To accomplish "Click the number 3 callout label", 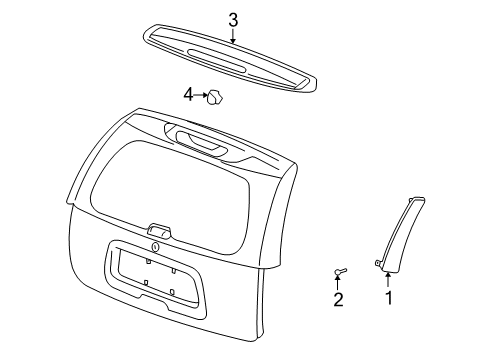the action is click(x=233, y=19).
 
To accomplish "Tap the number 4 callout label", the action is click(x=187, y=95).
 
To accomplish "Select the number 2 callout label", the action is click(x=338, y=299).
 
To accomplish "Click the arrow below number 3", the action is click(x=233, y=36).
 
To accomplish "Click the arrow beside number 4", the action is click(x=199, y=96).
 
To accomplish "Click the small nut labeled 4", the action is click(x=213, y=97).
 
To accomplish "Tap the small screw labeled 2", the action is click(x=340, y=270).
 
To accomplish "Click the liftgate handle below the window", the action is click(x=159, y=231).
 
